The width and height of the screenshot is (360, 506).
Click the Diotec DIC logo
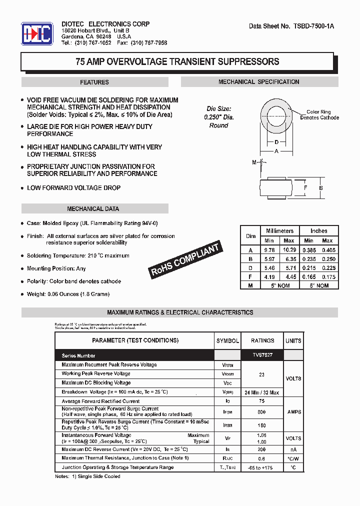tap(36, 34)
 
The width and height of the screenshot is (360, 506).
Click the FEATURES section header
tap(94, 82)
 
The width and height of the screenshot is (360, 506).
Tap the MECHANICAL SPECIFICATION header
tap(258, 81)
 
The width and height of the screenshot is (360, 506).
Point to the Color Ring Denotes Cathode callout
tap(319, 115)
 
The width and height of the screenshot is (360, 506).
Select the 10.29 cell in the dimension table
tap(289, 249)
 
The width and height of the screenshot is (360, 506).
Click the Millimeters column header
tap(279, 231)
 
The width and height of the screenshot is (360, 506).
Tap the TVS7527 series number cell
tap(262, 355)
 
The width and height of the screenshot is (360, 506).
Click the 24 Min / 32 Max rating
tap(262, 392)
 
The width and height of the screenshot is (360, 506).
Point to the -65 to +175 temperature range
tap(262, 467)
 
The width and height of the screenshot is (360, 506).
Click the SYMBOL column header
tap(227, 340)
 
